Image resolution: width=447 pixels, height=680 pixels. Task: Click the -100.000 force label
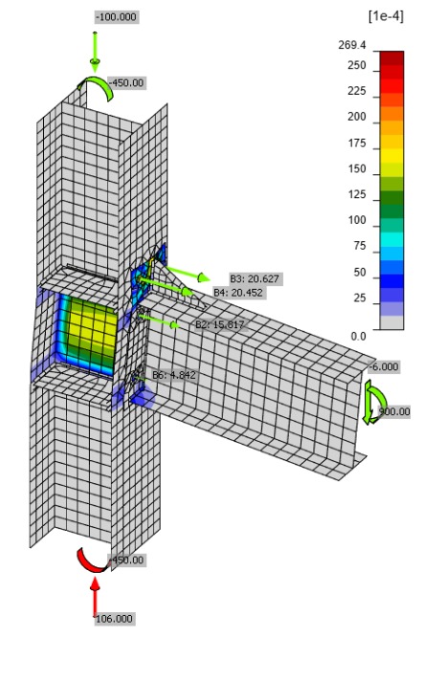tap(114, 18)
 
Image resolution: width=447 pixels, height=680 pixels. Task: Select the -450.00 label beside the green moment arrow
tap(126, 83)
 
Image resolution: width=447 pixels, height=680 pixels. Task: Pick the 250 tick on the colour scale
tap(356, 66)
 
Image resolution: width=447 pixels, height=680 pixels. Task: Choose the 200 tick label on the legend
tap(356, 118)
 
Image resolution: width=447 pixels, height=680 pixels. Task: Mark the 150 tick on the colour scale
tap(356, 169)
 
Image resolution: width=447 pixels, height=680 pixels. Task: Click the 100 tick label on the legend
tap(356, 221)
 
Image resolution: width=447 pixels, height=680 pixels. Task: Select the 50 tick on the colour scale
tap(359, 274)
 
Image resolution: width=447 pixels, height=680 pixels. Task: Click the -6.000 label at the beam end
tap(384, 366)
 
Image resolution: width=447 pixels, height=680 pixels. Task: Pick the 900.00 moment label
tap(392, 412)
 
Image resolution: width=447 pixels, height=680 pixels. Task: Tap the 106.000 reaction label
tap(114, 619)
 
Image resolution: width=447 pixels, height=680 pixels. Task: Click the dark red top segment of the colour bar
tap(391, 57)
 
